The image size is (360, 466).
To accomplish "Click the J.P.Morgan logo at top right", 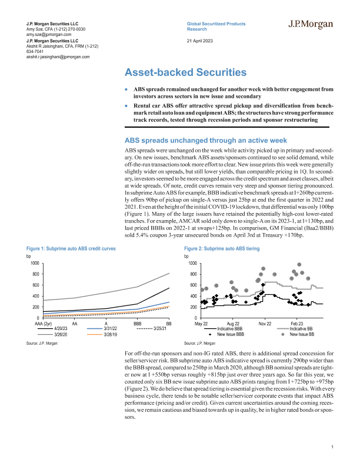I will coord(311,25).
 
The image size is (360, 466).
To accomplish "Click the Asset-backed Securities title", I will coord(185,72).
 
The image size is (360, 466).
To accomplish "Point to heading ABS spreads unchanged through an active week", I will coord(206,141).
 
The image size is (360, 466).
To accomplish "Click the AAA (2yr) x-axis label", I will coord(44,324).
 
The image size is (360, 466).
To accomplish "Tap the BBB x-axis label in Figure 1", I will coord(137,324).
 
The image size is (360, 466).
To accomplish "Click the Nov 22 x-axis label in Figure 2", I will coord(265,324).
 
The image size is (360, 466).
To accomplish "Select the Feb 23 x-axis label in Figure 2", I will coord(296,324).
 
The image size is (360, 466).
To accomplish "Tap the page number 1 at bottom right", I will coord(333,448).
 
